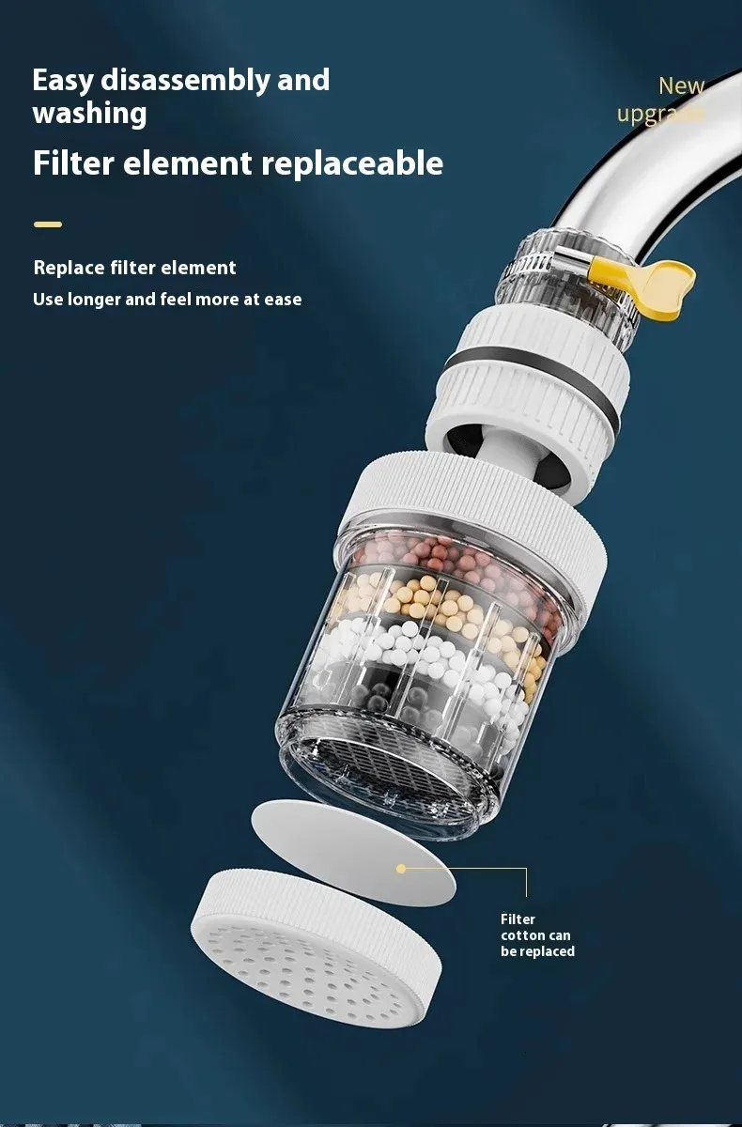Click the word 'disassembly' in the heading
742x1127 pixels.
click(185, 81)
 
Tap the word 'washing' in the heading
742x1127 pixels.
click(89, 114)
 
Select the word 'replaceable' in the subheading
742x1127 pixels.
click(351, 163)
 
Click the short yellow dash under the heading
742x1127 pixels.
click(48, 224)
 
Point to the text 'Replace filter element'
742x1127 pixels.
click(134, 268)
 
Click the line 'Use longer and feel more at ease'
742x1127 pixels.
click(167, 300)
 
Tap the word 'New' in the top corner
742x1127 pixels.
click(681, 85)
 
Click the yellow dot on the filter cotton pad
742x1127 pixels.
click(401, 869)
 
